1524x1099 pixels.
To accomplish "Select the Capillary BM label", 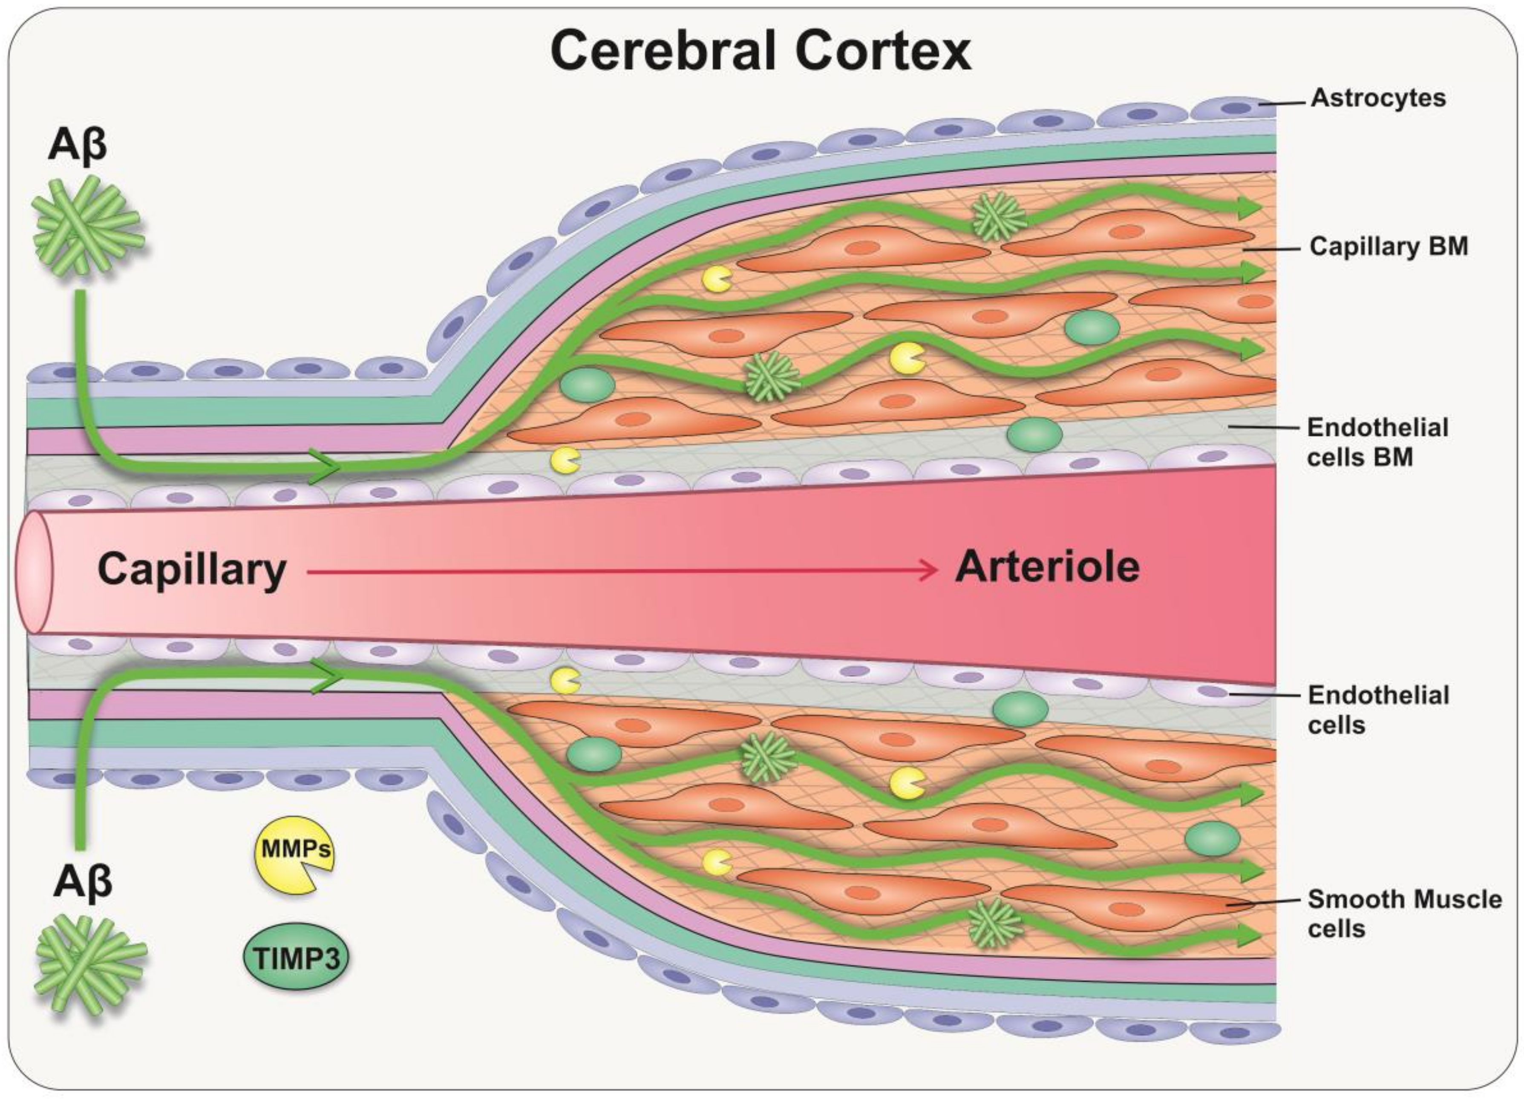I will (x=1388, y=247).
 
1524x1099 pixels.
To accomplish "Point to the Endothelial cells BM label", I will (x=1377, y=442).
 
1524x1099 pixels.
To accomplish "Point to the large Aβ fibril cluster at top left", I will (x=87, y=225).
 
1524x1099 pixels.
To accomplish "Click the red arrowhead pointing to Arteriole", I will (x=931, y=570).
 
